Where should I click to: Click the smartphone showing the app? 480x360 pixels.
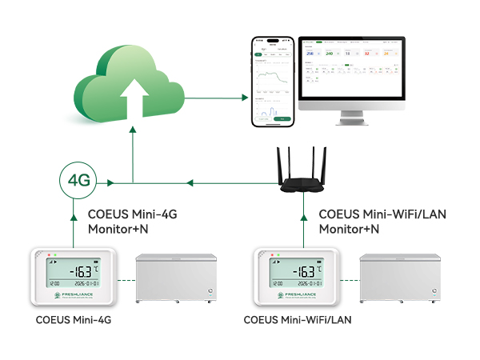(x=272, y=82)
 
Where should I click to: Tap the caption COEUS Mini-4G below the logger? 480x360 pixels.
(x=74, y=320)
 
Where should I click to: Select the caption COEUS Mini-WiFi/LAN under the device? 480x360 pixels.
(x=300, y=320)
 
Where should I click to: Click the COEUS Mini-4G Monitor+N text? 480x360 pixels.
(x=133, y=221)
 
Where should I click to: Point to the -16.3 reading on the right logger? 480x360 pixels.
(x=298, y=271)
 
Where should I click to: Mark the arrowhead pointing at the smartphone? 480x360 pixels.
(x=244, y=98)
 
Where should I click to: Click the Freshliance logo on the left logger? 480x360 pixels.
(x=75, y=295)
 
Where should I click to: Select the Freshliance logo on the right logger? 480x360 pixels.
(x=298, y=295)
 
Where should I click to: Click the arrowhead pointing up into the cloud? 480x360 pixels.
(x=133, y=138)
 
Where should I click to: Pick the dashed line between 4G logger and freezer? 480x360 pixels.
(x=124, y=280)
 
